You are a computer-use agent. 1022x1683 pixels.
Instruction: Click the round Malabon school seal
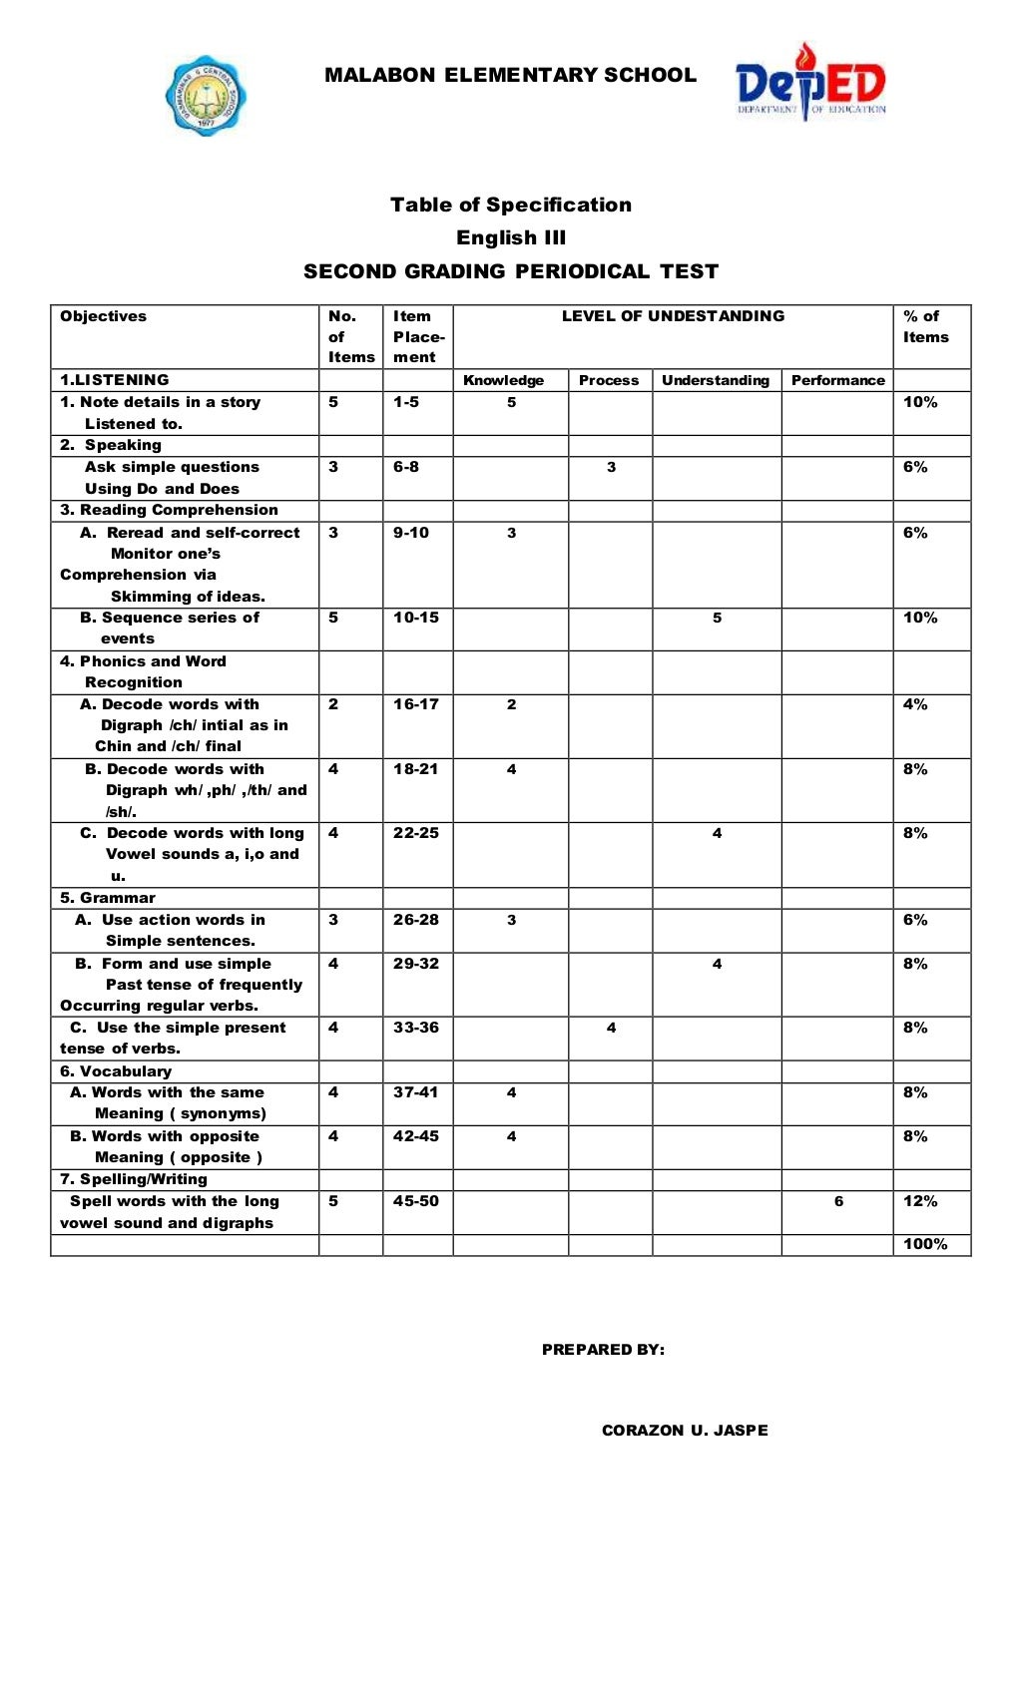click(206, 96)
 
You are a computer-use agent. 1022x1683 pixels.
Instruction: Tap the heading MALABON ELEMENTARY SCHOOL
click(510, 75)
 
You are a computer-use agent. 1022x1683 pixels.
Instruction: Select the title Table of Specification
click(510, 205)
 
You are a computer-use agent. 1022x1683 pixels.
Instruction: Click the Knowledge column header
click(503, 380)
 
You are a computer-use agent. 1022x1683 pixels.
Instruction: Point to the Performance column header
click(837, 380)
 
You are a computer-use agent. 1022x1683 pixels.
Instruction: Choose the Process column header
click(609, 380)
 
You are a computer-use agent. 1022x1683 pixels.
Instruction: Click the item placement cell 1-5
click(406, 402)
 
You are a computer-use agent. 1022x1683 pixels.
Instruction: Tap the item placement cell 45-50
click(416, 1201)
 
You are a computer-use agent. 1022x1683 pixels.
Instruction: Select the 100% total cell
click(925, 1244)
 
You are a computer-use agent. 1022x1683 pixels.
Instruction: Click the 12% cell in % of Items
click(920, 1201)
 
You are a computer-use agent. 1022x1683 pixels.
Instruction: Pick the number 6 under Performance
click(838, 1201)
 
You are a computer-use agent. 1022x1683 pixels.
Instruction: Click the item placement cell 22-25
click(416, 833)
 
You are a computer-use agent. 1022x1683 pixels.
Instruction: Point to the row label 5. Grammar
click(108, 898)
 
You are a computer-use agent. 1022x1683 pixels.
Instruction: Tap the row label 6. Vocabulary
click(116, 1071)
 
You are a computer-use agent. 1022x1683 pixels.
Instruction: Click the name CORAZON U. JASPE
click(685, 1430)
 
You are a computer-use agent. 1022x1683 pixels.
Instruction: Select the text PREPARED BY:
click(603, 1350)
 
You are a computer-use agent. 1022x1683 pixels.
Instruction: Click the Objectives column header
click(103, 316)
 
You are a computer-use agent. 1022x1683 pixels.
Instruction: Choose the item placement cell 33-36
click(416, 1028)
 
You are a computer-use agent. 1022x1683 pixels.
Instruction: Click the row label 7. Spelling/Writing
click(134, 1179)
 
